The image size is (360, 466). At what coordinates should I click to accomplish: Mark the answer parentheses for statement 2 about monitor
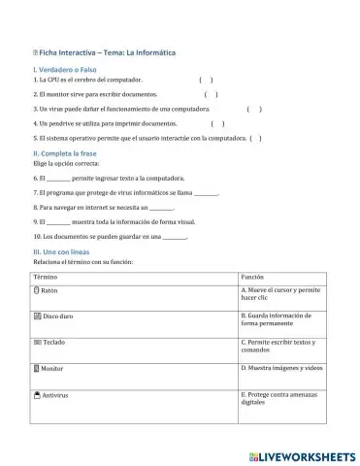(211, 94)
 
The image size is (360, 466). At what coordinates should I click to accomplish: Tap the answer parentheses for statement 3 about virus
(254, 110)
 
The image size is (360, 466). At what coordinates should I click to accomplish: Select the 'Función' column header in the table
(252, 277)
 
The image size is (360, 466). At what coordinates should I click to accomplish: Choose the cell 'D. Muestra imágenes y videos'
(282, 369)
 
